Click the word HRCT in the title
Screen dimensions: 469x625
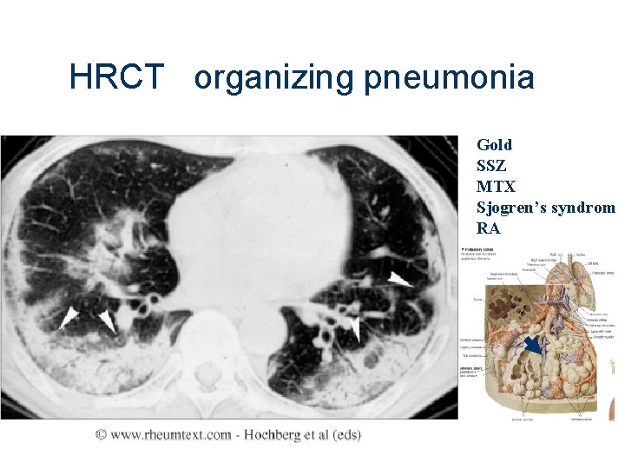(x=115, y=78)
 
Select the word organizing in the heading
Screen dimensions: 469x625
(x=274, y=79)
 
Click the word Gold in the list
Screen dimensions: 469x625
(x=494, y=145)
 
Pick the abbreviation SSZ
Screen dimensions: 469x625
(x=491, y=166)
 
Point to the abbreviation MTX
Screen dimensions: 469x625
(x=496, y=187)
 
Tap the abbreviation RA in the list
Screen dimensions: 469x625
(x=489, y=229)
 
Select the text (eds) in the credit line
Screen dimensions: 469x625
(x=344, y=434)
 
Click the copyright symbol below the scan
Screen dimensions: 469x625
(x=102, y=434)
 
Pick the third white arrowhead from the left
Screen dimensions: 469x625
(x=353, y=327)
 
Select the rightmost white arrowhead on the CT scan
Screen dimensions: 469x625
(x=400, y=279)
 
